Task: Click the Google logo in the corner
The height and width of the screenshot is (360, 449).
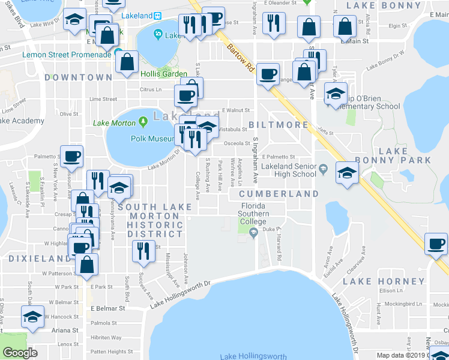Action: tap(20, 353)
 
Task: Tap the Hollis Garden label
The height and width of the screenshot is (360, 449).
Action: tap(164, 74)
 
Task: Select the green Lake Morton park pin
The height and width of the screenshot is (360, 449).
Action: tap(143, 122)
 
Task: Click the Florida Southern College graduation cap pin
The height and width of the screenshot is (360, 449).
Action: tap(253, 232)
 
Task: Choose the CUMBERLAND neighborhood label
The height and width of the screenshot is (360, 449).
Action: tap(279, 194)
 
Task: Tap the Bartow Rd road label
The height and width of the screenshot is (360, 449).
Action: tap(238, 56)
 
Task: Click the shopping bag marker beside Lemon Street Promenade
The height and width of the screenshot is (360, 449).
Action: tap(128, 62)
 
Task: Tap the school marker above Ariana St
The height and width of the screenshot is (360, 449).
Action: tap(32, 317)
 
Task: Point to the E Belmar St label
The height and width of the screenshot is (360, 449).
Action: tap(107, 308)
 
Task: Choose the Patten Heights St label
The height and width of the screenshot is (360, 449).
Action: tap(112, 352)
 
